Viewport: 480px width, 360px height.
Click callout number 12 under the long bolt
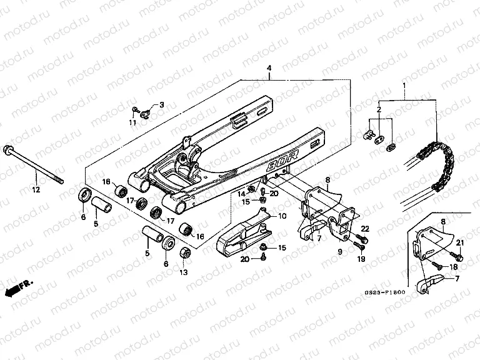coord(36,189)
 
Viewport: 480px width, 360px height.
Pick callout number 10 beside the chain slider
coord(282,216)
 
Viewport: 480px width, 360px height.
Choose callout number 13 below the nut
coord(184,272)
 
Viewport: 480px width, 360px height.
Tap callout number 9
coord(340,251)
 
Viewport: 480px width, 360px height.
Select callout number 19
coord(361,258)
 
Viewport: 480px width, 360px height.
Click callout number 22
coord(366,229)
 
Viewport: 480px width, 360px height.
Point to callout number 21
coord(460,242)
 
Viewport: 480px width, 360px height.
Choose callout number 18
coord(453,267)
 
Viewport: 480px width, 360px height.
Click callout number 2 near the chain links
coord(378,110)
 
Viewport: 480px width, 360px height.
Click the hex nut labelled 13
coord(185,254)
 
